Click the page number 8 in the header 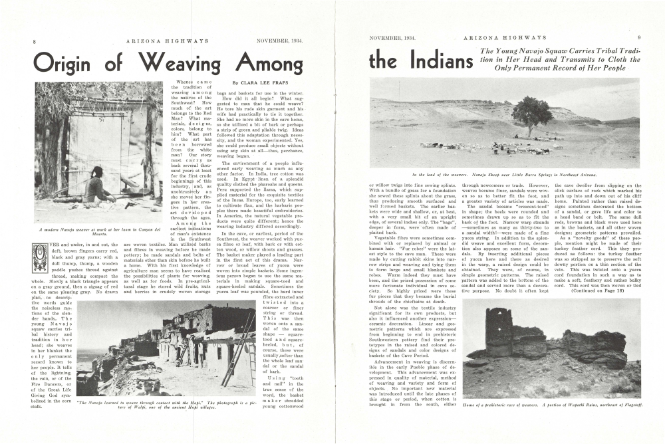tap(34, 41)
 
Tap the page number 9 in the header tap(639, 38)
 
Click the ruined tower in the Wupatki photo tap(497, 329)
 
